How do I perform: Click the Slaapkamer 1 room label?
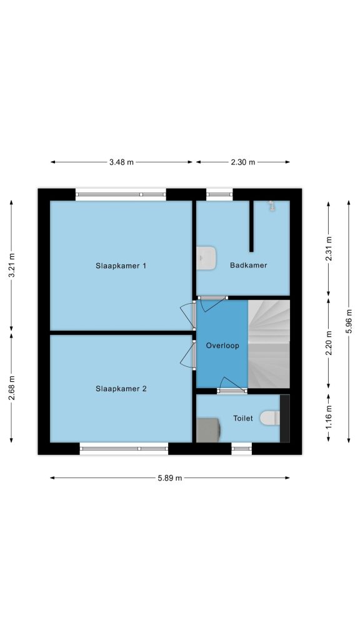point(121,266)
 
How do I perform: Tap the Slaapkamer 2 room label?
point(121,389)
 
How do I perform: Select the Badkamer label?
point(249,265)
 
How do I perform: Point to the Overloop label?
point(222,346)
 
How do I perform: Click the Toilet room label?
point(243,418)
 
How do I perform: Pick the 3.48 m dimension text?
point(121,162)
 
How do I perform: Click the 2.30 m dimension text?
point(243,162)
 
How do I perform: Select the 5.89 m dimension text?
point(170,478)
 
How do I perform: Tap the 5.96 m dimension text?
point(349,321)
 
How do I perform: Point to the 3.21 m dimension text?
point(11,266)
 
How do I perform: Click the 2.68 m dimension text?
point(11,388)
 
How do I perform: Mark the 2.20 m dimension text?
point(329,343)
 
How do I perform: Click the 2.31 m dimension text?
point(329,248)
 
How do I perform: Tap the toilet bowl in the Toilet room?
point(270,418)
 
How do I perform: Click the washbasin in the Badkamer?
point(206,258)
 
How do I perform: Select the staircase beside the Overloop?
point(269,344)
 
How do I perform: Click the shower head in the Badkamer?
point(271,206)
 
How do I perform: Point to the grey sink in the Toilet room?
point(209,430)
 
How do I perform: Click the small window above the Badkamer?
point(219,194)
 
